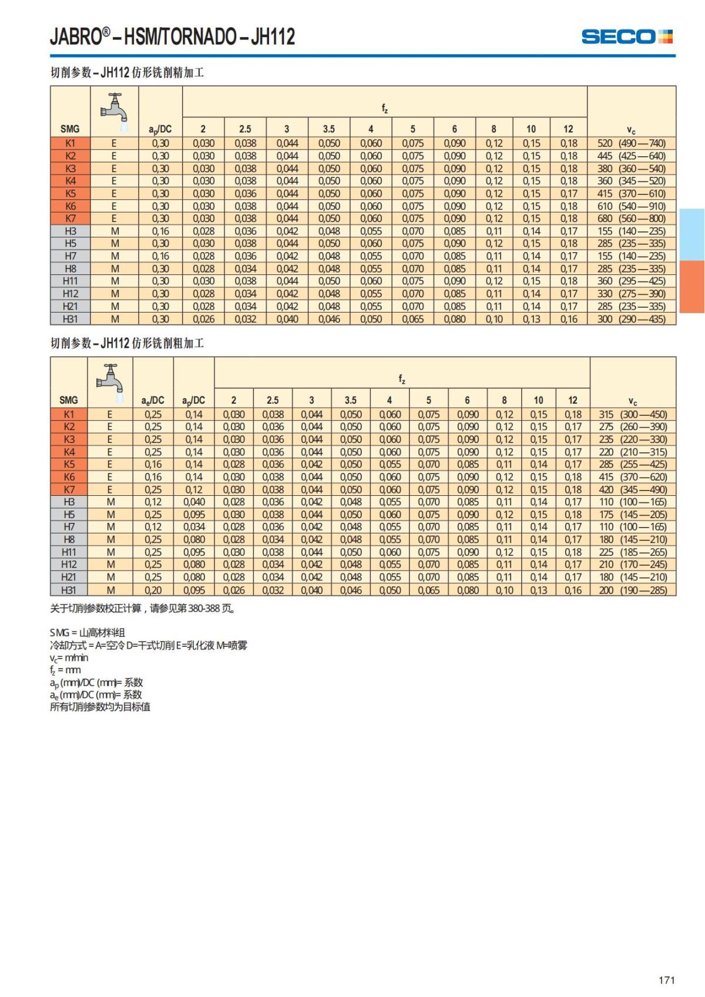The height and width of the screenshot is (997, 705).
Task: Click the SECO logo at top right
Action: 627,37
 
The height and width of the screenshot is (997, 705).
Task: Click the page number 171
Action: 666,980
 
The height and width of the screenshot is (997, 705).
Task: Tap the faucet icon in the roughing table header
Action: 110,378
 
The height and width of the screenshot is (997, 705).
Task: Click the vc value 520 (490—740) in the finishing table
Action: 631,143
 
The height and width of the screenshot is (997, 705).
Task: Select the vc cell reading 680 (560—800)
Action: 631,219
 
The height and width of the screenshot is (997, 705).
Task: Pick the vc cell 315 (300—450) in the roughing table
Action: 632,414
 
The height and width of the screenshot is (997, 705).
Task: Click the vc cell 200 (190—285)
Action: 632,590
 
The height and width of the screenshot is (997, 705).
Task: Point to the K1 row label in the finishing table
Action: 70,143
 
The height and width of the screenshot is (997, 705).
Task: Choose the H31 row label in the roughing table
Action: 69,590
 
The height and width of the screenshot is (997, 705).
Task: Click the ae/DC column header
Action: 153,401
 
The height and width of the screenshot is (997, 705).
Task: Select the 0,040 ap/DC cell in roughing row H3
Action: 194,502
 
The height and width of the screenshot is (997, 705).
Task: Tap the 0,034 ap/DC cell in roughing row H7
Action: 194,527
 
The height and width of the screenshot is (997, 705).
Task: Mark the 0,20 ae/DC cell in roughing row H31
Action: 153,590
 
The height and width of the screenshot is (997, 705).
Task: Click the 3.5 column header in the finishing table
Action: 328,129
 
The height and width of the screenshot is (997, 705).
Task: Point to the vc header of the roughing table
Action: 632,401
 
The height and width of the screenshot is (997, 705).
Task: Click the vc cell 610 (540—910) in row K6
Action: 631,206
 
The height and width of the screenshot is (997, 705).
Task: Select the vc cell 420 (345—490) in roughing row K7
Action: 632,489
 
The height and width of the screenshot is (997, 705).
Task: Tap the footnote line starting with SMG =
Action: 88,633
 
